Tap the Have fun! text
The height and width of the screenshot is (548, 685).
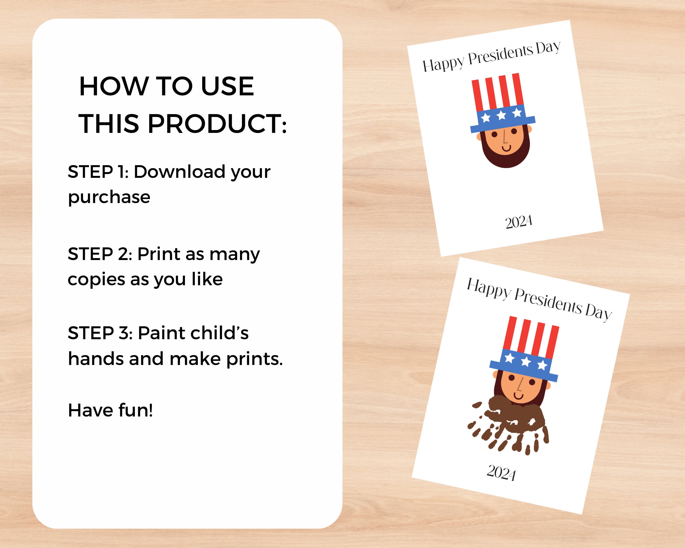coord(110,410)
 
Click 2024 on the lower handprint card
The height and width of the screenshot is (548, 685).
coord(501,473)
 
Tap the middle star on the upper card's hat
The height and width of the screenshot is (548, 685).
coord(501,115)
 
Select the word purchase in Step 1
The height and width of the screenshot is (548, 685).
coord(109,197)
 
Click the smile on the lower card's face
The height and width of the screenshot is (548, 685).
coord(518,395)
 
